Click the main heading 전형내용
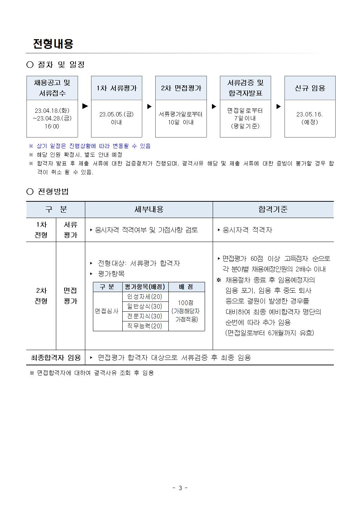[53, 44]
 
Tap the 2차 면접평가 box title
[181, 88]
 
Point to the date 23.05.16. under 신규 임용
[310, 114]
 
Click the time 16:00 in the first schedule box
[52, 126]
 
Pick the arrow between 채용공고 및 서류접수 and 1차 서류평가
[85, 106]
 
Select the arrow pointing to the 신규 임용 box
[278, 106]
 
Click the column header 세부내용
[149, 209]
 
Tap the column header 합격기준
[273, 209]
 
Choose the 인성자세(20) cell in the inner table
[145, 297]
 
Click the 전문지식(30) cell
[145, 316]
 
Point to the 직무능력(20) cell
[145, 326]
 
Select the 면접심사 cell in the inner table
[107, 311]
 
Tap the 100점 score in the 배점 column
[186, 303]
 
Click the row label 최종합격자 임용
[56, 358]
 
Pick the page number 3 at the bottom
[180, 488]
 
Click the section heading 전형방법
[53, 192]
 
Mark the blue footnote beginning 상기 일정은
[93, 146]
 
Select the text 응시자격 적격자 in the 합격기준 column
[247, 230]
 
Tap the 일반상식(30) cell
[145, 307]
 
